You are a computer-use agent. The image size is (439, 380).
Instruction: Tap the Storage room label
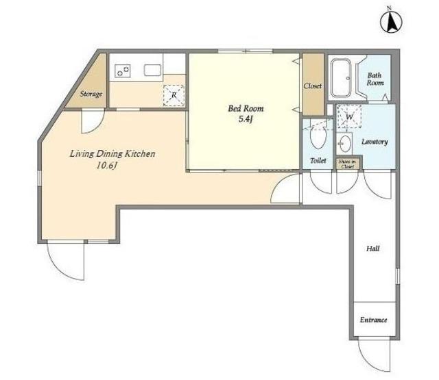[91, 94]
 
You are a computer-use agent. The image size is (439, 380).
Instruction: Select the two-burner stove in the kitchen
[123, 71]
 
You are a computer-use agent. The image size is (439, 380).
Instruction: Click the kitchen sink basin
[152, 70]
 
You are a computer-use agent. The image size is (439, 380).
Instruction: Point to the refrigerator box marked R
[174, 95]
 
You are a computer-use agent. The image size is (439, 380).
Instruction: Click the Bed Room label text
[246, 108]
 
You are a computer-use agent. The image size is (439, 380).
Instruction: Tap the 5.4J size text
[246, 120]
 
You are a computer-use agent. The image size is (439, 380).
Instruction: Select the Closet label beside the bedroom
[313, 86]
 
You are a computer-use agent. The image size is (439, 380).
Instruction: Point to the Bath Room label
[375, 79]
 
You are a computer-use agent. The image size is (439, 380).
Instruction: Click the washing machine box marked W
[349, 116]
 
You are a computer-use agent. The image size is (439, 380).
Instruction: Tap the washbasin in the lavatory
[344, 143]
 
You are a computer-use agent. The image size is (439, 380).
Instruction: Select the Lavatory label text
[375, 142]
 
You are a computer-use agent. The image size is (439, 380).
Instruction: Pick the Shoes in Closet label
[348, 164]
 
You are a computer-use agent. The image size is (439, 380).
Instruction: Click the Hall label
[373, 249]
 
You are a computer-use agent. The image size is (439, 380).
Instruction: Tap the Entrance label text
[373, 320]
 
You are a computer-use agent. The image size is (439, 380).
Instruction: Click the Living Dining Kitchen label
[112, 154]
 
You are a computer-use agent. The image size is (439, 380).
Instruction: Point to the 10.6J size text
[106, 166]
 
